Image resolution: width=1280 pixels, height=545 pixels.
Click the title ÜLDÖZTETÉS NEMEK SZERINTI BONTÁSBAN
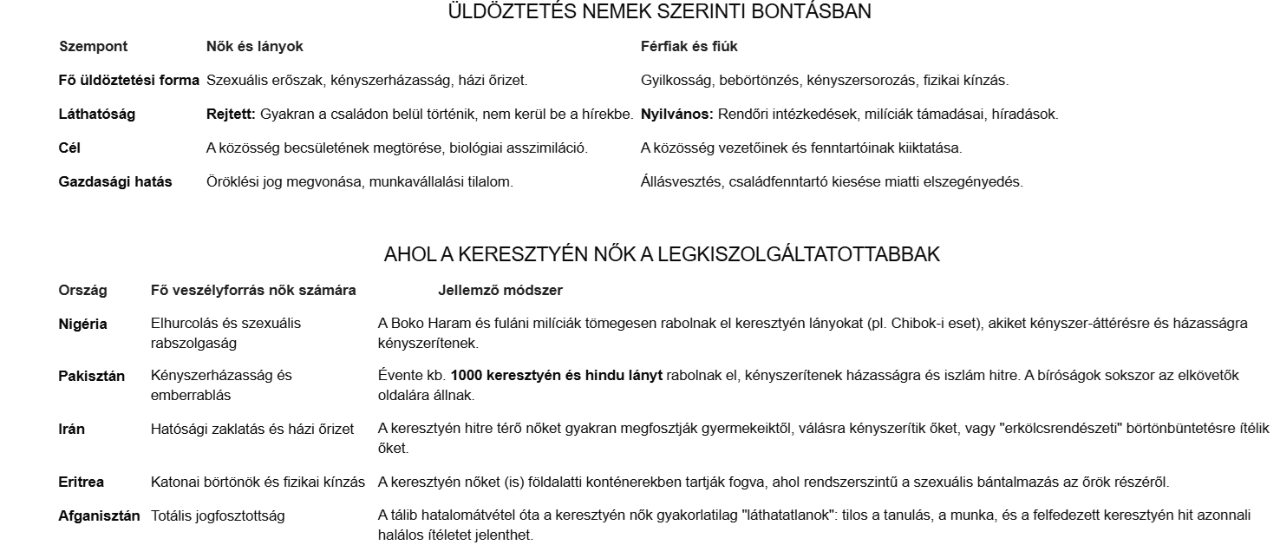(x=659, y=12)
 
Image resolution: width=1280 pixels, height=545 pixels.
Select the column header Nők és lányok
(x=255, y=46)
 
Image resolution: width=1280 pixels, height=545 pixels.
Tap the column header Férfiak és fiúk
(x=689, y=46)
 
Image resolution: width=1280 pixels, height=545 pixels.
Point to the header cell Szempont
(x=93, y=46)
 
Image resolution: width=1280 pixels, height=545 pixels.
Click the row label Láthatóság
(x=97, y=114)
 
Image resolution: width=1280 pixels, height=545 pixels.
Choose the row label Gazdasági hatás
(x=115, y=181)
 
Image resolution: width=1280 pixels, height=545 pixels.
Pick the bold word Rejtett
(x=231, y=114)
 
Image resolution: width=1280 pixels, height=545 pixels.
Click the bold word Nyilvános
(x=676, y=114)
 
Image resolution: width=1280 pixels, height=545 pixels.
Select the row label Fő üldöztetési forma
(x=128, y=80)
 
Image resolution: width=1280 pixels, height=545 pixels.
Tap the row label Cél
(x=69, y=148)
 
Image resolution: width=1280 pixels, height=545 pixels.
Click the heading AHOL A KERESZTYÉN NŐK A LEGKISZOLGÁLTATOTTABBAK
(x=662, y=255)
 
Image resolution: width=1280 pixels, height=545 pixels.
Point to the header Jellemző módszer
(x=500, y=289)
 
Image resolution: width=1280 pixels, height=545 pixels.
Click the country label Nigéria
(x=83, y=324)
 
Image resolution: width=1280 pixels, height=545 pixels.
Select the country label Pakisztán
(x=92, y=376)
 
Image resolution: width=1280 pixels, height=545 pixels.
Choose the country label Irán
(x=72, y=429)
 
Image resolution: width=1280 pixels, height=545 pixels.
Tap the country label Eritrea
(x=82, y=482)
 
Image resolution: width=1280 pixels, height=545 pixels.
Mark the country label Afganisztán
(x=99, y=515)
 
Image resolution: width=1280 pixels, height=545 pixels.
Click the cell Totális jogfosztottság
(x=218, y=515)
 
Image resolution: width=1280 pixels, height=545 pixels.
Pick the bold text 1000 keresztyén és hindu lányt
(x=557, y=376)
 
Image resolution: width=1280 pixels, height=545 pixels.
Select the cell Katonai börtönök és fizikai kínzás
(x=258, y=482)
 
